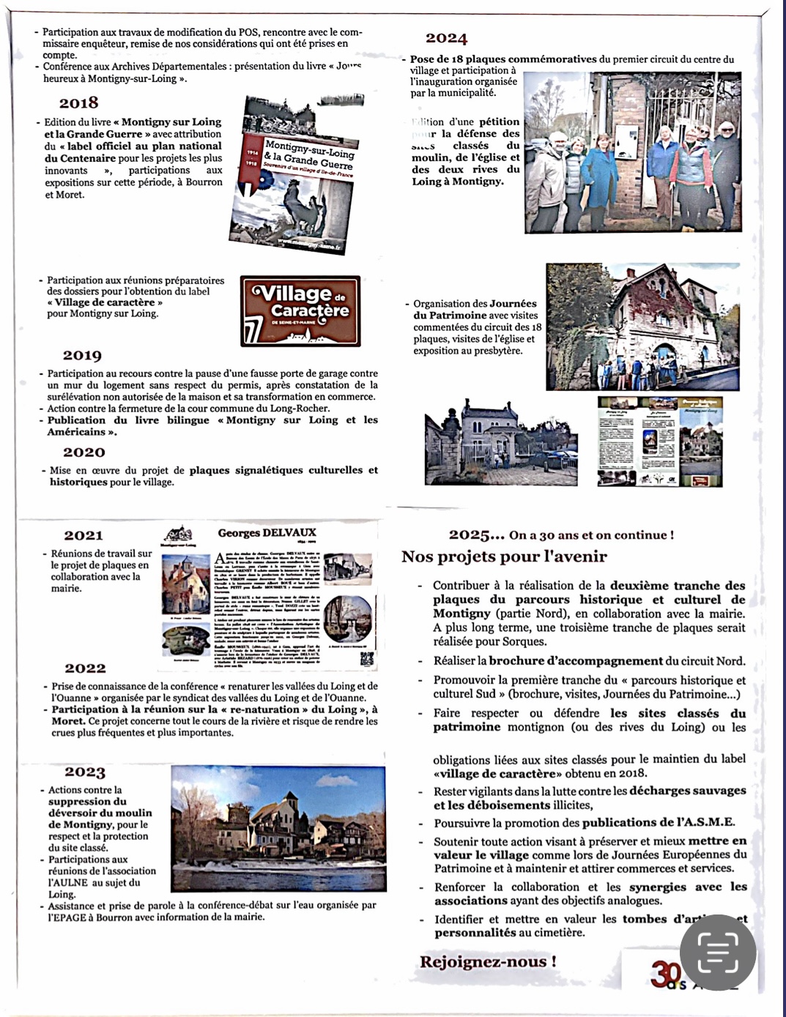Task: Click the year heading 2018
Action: pyautogui.click(x=79, y=103)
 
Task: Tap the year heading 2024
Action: pyautogui.click(x=446, y=39)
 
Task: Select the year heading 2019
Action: pyautogui.click(x=82, y=356)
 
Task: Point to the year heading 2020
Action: pyautogui.click(x=84, y=452)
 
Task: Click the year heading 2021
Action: pyautogui.click(x=84, y=536)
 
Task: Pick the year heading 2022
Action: pyautogui.click(x=85, y=668)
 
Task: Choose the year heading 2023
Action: pyautogui.click(x=85, y=772)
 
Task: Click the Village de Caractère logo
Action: pyautogui.click(x=300, y=311)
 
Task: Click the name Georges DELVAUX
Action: pyautogui.click(x=267, y=533)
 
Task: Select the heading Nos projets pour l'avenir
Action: pyautogui.click(x=504, y=556)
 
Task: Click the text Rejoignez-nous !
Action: pyautogui.click(x=488, y=962)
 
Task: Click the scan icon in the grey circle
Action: pyautogui.click(x=718, y=952)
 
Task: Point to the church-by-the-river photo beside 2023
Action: pyautogui.click(x=278, y=827)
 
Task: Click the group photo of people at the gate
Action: pyautogui.click(x=632, y=153)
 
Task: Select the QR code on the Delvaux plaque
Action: pyautogui.click(x=367, y=659)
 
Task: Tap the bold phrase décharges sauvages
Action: pyautogui.click(x=687, y=791)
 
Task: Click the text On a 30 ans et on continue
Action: pyautogui.click(x=591, y=535)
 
